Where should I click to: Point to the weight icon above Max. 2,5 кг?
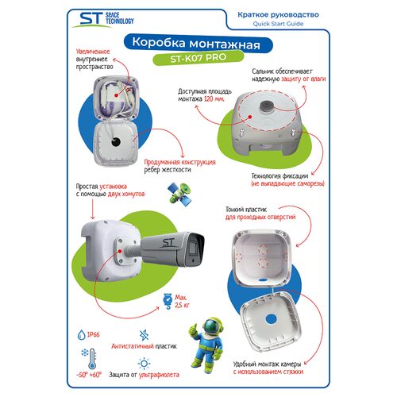pos(168,298)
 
